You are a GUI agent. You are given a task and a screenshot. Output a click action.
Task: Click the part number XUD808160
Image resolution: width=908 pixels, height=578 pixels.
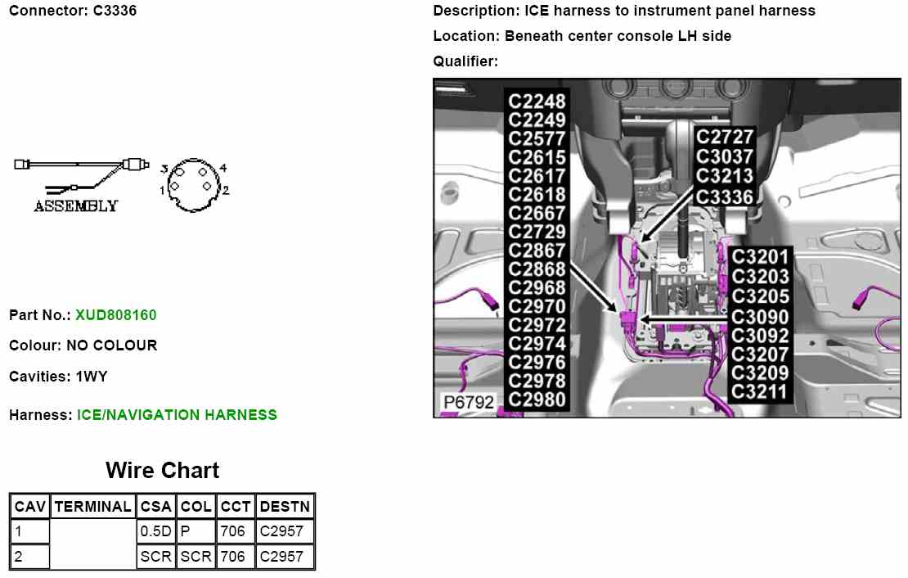pyautogui.click(x=115, y=315)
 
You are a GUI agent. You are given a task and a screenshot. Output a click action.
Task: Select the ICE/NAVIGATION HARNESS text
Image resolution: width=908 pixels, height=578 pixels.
pyautogui.click(x=177, y=415)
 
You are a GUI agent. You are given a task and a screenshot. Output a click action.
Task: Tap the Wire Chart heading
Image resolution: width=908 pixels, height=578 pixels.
pyautogui.click(x=162, y=471)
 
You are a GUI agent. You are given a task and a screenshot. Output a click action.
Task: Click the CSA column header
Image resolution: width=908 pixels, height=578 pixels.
pyautogui.click(x=155, y=507)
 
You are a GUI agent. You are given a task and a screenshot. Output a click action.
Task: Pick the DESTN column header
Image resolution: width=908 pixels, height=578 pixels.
pyautogui.click(x=285, y=507)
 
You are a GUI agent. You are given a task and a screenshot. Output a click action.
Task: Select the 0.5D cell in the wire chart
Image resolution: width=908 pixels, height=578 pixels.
pyautogui.click(x=155, y=531)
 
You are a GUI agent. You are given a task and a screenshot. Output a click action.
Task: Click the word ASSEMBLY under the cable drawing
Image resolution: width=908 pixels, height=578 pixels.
pyautogui.click(x=75, y=206)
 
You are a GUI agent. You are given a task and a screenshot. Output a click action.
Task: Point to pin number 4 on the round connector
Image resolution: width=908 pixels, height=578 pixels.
pyautogui.click(x=223, y=168)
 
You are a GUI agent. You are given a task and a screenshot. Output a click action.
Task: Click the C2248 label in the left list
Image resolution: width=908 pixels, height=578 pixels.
pyautogui.click(x=537, y=102)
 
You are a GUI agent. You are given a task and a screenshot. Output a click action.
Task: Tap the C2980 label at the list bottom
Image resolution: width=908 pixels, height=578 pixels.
pyautogui.click(x=537, y=400)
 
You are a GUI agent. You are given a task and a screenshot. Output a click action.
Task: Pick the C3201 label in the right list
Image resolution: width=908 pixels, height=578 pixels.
pyautogui.click(x=760, y=258)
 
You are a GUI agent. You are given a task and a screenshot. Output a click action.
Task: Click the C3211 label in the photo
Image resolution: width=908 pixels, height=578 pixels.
pyautogui.click(x=760, y=391)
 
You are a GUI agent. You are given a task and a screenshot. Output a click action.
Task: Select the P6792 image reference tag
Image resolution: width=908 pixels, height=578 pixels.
pyautogui.click(x=468, y=402)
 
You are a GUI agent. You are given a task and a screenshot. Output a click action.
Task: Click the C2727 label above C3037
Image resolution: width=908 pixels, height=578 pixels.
pyautogui.click(x=725, y=137)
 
